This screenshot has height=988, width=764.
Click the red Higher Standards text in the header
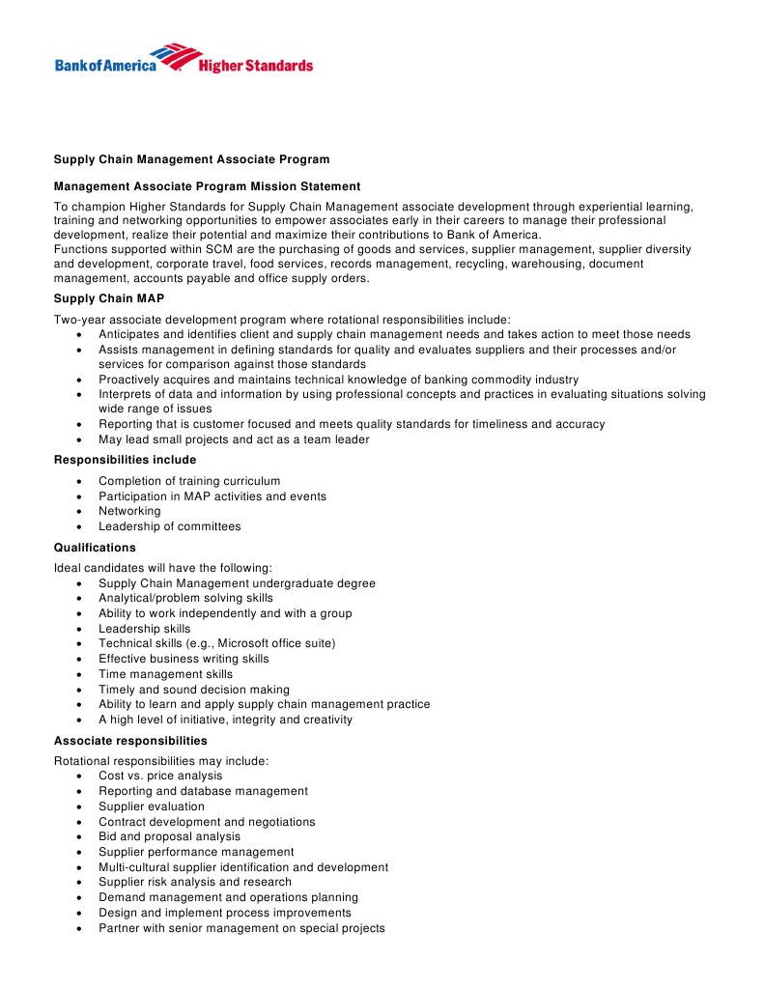point(255,66)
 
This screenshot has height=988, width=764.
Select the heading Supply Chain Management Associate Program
point(191,159)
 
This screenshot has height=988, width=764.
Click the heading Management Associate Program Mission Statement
point(207,186)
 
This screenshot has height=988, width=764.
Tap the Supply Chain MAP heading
point(109,298)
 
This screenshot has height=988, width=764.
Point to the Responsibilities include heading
point(125,460)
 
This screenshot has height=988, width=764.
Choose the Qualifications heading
point(95,548)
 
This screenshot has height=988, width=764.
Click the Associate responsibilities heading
point(130,741)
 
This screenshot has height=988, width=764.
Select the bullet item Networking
point(129,511)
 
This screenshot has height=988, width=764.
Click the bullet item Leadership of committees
point(169,526)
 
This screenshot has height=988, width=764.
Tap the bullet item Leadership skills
point(144,629)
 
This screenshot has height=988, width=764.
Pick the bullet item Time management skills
point(165,674)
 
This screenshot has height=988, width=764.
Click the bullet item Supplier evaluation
point(152,806)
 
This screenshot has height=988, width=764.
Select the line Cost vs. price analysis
point(160,776)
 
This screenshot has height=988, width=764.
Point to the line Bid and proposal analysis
point(169,836)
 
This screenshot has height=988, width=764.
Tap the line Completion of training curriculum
point(189,481)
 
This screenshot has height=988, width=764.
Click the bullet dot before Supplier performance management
point(78,853)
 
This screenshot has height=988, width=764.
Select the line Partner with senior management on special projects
point(241,928)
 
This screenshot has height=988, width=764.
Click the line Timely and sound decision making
point(193,690)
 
